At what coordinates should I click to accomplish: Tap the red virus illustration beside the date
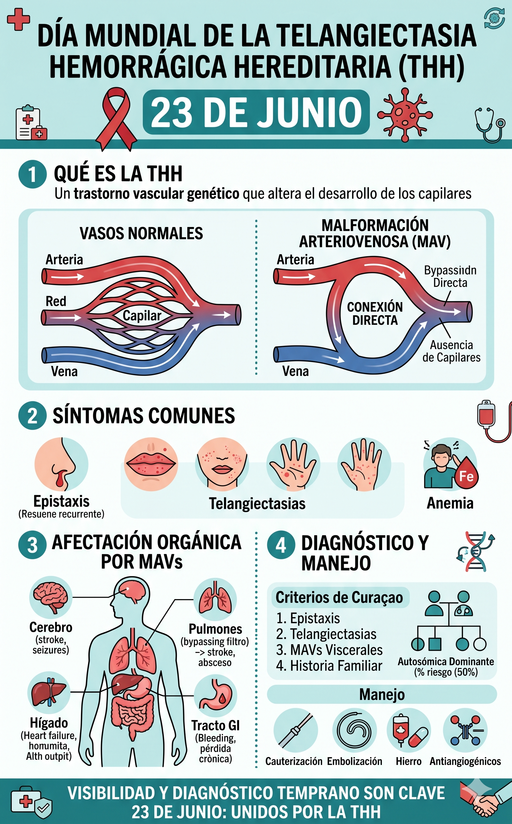click(405, 115)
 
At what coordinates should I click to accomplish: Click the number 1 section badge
click(32, 174)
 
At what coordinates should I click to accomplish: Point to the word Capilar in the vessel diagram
click(141, 316)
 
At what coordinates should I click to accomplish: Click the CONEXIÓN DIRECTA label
click(375, 313)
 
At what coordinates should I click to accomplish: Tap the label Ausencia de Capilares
click(451, 351)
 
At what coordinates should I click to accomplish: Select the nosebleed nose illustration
click(61, 464)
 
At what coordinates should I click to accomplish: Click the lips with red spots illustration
click(151, 464)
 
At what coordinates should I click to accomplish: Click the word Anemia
click(450, 503)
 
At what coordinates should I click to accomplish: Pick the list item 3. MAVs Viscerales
click(329, 650)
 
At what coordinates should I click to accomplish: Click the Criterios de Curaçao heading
click(339, 597)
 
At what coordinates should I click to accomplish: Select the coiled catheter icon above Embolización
click(354, 730)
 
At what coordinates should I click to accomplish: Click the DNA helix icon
click(475, 552)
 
